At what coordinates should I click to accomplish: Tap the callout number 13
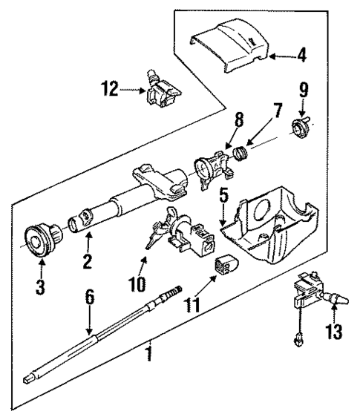point(334,327)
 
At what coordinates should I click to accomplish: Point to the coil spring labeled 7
point(240,154)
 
